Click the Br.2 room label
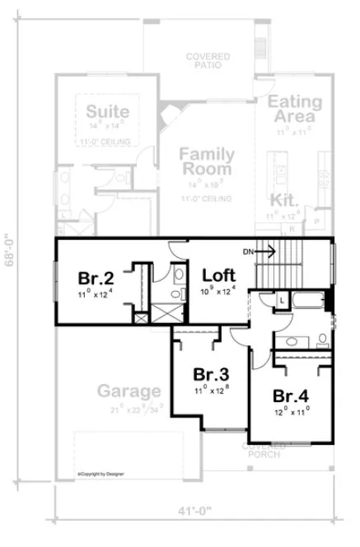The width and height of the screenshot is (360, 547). [x=95, y=278]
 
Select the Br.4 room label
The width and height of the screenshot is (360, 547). [x=292, y=394]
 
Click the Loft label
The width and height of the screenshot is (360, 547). [x=219, y=274]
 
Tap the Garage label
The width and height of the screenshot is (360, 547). [x=129, y=390]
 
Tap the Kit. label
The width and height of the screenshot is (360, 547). [x=285, y=200]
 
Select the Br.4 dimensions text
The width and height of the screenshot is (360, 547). [x=292, y=409]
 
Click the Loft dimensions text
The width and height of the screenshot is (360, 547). [x=218, y=289]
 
